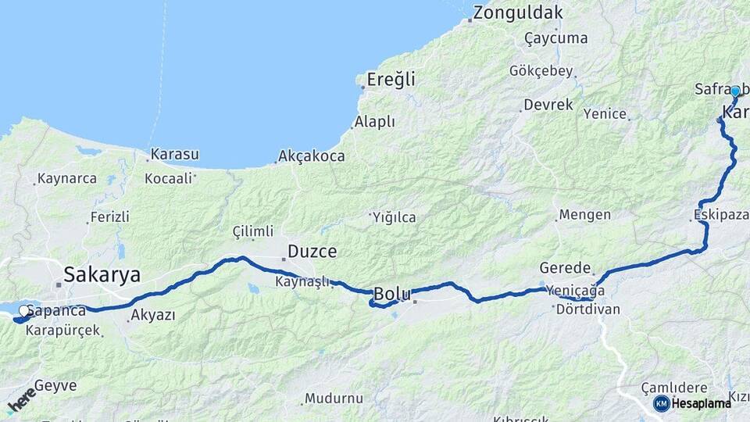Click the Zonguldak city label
[517, 13]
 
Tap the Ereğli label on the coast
[391, 80]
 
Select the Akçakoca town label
[313, 157]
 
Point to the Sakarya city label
[102, 275]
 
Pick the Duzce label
[312, 252]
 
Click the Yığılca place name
[395, 217]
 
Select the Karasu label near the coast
[174, 154]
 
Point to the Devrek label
[548, 105]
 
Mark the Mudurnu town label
[334, 399]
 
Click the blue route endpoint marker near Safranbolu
[734, 91]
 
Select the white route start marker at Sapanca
[24, 310]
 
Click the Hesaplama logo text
[701, 403]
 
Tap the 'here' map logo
[22, 399]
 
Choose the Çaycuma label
[555, 38]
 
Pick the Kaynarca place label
[67, 179]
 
